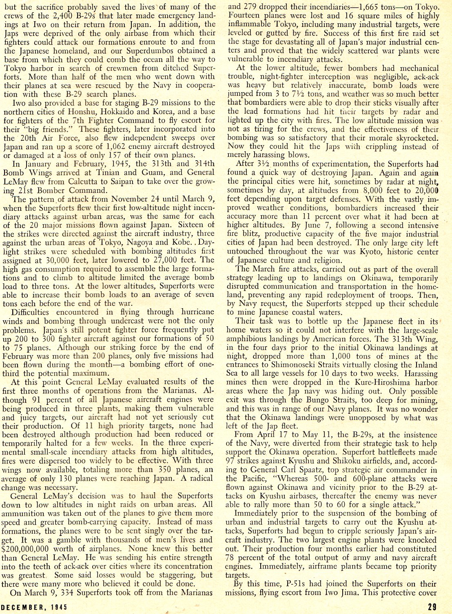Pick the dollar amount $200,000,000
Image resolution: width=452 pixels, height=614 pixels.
(27, 549)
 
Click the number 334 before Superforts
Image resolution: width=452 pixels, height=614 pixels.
(76, 593)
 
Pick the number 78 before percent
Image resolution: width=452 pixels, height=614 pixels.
(231, 558)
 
